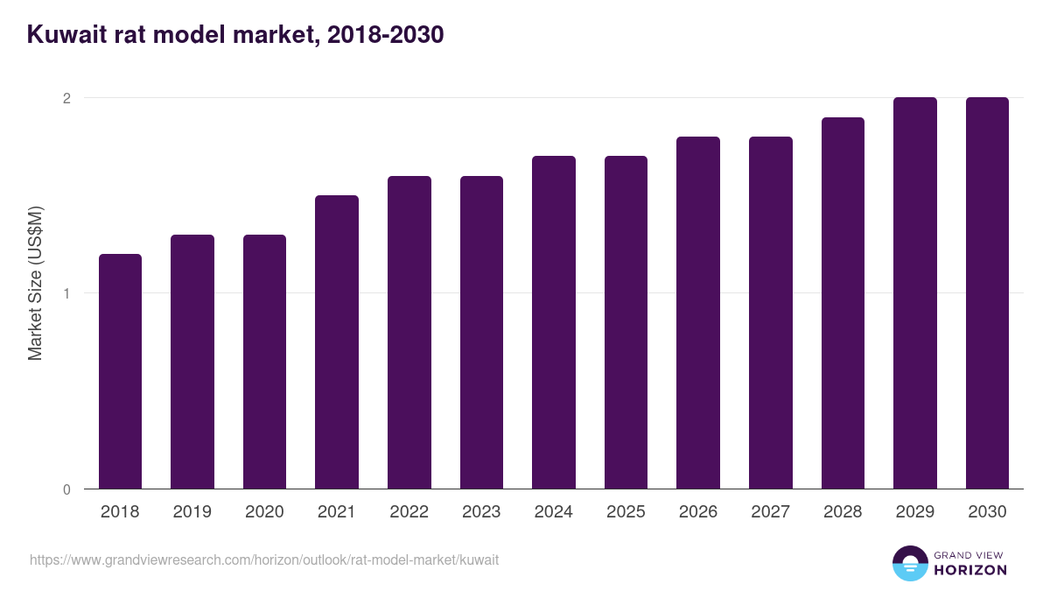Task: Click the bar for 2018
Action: [120, 371]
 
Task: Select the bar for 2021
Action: [337, 341]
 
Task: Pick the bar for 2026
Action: [698, 313]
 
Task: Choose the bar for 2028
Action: [843, 303]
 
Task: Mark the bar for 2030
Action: [987, 293]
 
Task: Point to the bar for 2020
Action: [264, 362]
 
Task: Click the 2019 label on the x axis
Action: [192, 512]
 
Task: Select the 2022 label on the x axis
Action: [409, 512]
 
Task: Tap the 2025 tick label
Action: [626, 512]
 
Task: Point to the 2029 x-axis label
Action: [915, 512]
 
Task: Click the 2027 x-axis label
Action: [771, 512]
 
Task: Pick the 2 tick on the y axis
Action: [66, 98]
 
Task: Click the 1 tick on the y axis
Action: [66, 293]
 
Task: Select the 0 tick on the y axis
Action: [66, 489]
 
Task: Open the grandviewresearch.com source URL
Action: [264, 559]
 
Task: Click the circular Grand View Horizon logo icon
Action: [909, 563]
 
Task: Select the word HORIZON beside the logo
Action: [971, 570]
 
